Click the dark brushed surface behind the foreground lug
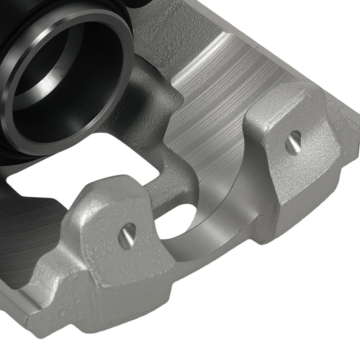tap(29, 230)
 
